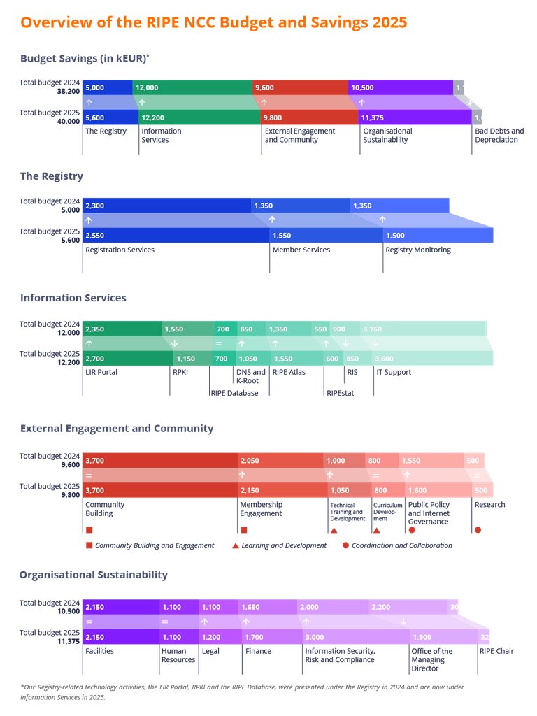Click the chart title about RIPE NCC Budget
click(x=213, y=22)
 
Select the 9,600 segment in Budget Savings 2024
click(x=300, y=87)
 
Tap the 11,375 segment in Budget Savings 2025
click(x=415, y=117)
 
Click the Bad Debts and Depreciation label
click(x=499, y=136)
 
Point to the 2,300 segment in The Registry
click(x=166, y=206)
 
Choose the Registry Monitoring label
click(x=418, y=250)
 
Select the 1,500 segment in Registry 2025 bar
click(x=438, y=236)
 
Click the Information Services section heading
click(x=73, y=298)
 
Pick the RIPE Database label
click(x=234, y=393)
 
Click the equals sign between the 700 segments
click(x=218, y=344)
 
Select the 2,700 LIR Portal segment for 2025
click(x=128, y=359)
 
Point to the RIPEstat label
click(x=340, y=393)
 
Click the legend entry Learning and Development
click(x=283, y=545)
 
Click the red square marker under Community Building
click(x=89, y=530)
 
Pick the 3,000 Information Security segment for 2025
click(x=356, y=637)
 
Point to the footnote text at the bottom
click(x=242, y=692)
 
